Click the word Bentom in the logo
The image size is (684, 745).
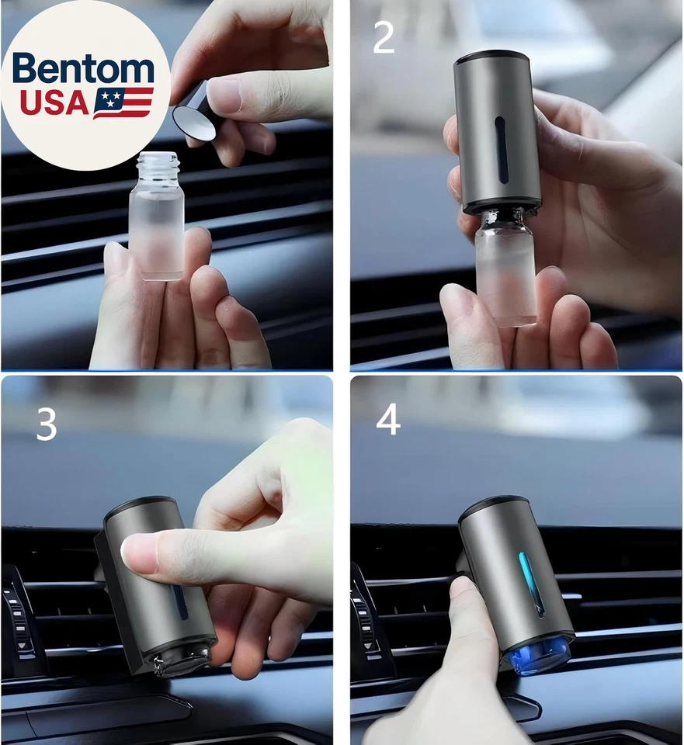pos(83,69)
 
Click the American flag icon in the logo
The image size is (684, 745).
pos(123,102)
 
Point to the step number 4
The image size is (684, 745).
pos(388,420)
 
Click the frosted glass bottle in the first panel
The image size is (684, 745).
pos(156,225)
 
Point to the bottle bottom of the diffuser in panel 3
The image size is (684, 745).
pos(182,657)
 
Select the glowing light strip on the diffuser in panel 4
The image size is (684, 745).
pos(532,582)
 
